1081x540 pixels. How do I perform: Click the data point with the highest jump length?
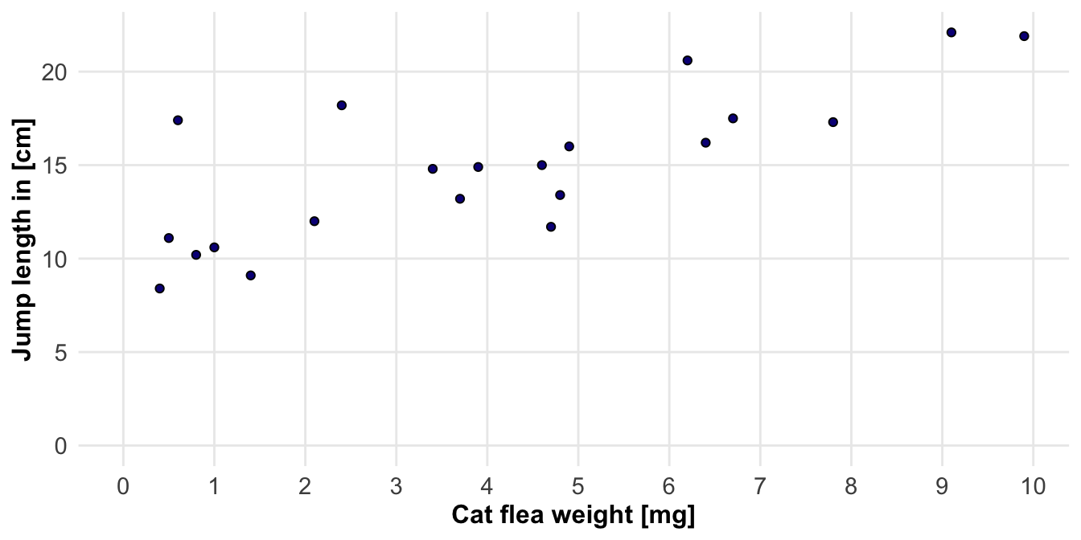(951, 32)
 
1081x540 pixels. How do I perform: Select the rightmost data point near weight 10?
(1024, 36)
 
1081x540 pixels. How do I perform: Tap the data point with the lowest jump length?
(159, 288)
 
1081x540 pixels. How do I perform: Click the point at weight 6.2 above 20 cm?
(687, 60)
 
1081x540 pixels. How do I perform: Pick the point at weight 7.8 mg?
(832, 122)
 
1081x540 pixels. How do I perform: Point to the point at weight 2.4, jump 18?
(341, 105)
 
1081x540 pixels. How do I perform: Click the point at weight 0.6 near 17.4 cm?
(178, 120)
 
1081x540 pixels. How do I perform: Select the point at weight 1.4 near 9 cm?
(250, 276)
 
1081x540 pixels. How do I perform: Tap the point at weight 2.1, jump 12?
(314, 221)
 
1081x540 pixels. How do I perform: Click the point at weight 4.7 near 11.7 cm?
(550, 227)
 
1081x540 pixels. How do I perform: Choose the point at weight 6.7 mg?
(733, 118)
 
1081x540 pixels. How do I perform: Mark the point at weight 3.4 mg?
(432, 169)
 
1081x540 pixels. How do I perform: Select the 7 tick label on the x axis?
(759, 485)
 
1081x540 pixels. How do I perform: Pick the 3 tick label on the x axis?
(396, 485)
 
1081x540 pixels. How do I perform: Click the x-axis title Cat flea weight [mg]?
(573, 515)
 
